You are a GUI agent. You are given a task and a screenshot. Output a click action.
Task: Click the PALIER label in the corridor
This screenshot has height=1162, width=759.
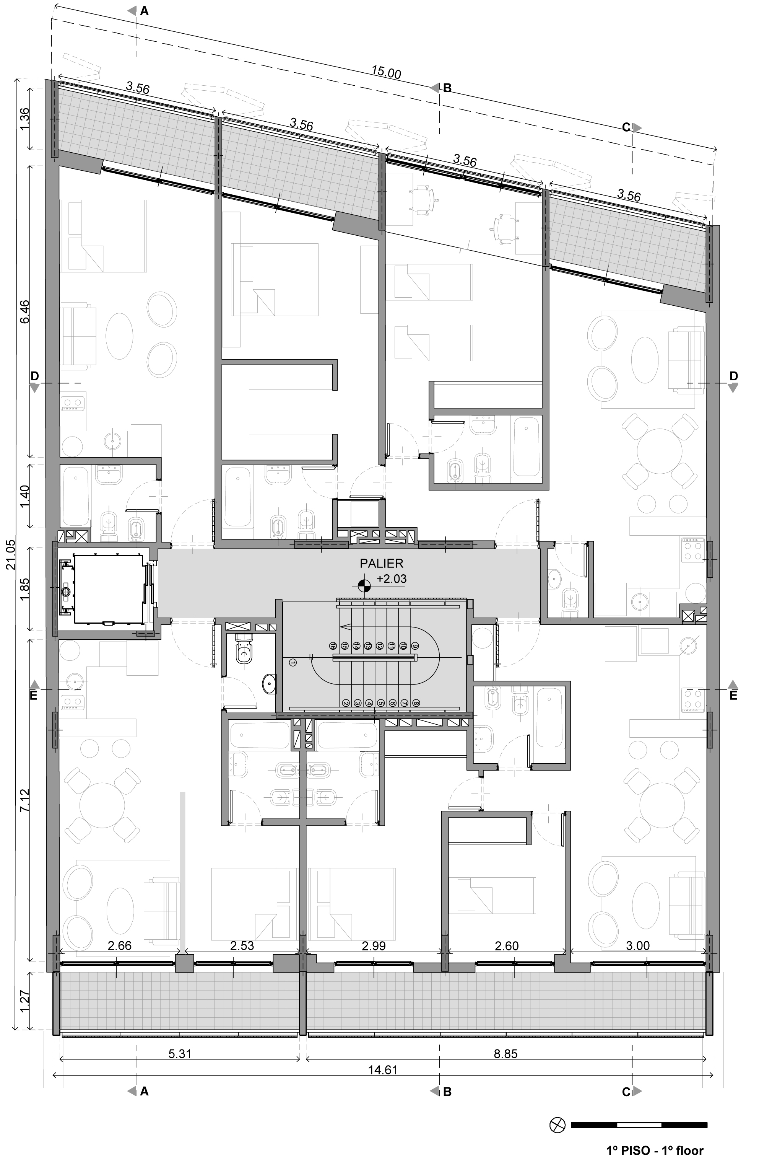point(382,564)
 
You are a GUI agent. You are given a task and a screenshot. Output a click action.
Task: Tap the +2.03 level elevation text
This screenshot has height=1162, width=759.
point(391,580)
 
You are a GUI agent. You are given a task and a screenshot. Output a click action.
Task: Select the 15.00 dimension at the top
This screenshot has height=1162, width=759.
point(386,72)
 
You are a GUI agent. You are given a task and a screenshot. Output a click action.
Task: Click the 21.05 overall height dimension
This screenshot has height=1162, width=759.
point(11,554)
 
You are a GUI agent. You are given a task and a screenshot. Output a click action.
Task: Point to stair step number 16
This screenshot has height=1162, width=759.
point(333,646)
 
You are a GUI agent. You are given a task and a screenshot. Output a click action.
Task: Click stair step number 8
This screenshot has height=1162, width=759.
point(416,704)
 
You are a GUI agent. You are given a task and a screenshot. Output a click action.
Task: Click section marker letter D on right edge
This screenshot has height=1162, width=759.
point(733,376)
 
